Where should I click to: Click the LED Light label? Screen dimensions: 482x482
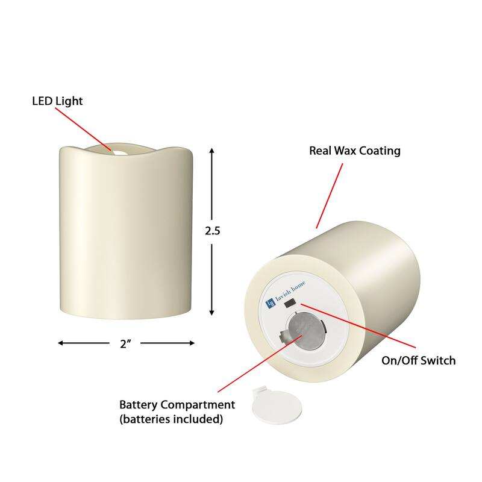click(57, 101)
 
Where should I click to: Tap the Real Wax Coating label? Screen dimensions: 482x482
click(354, 151)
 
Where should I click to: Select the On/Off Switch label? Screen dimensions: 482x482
click(418, 361)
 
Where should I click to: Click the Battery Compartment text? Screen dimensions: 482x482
click(177, 405)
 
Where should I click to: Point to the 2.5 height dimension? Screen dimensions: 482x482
click(213, 231)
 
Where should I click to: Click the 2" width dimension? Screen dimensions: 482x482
click(126, 344)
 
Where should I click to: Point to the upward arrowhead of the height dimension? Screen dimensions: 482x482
click(212, 151)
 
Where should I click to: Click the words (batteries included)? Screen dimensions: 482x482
click(171, 419)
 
